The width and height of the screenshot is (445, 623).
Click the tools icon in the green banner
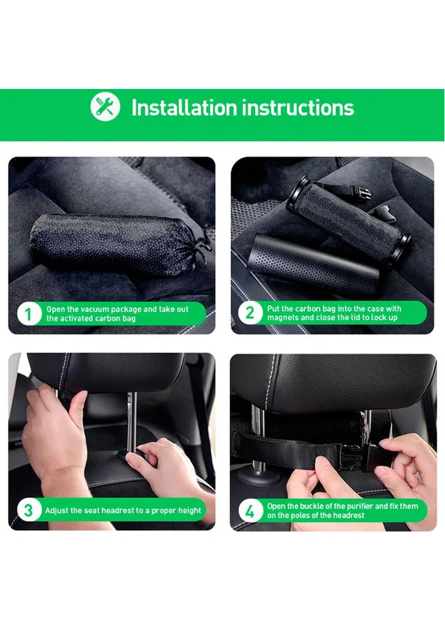coord(105,107)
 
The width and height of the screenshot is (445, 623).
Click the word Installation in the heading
coord(184,107)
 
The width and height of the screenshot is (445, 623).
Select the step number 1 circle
coord(28,314)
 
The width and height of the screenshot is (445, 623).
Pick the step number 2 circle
coord(249,313)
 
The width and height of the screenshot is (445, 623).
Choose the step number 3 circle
coord(28,510)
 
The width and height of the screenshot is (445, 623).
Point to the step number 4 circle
coord(249,511)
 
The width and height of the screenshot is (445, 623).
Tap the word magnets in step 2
coord(282,318)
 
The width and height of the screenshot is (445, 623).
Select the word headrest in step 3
coord(117,510)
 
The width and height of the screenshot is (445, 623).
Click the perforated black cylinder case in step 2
coord(314,265)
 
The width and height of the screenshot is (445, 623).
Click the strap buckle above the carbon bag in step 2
coord(363,193)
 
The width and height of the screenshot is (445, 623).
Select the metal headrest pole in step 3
coord(132,421)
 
